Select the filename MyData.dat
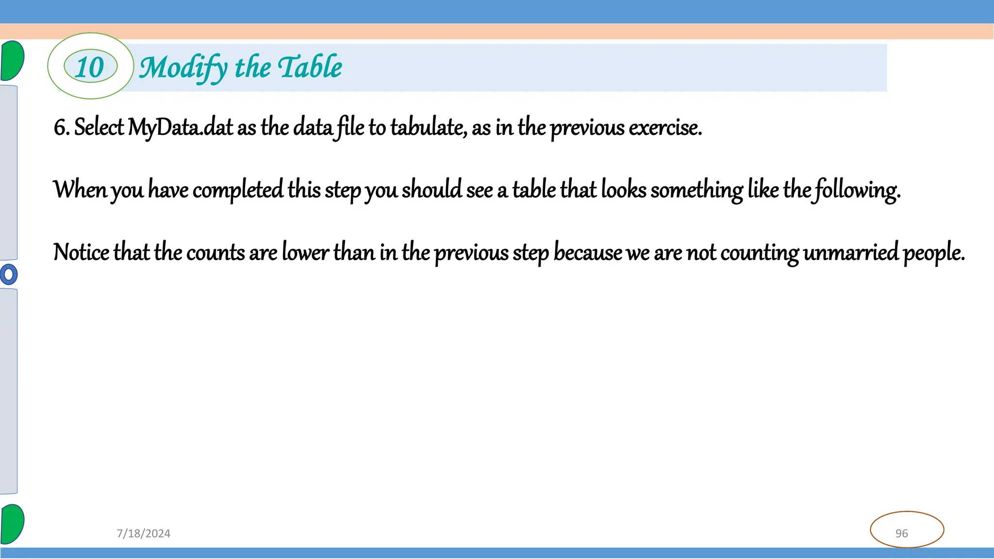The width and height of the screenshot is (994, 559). pos(180,128)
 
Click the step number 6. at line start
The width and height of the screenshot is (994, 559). pos(62,128)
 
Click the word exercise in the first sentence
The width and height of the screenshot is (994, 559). pos(664,128)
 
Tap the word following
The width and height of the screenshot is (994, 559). pos(857,190)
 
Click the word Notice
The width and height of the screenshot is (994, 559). pos(81,252)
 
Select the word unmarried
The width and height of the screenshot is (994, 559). pos(851,252)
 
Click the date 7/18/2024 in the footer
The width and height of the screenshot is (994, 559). pos(144,533)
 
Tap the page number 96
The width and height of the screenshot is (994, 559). pos(902,533)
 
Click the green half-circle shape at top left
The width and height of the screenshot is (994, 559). pos(12,61)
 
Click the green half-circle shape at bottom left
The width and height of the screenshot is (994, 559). pos(12,524)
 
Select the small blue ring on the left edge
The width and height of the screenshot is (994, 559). pos(8,274)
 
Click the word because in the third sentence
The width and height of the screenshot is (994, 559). pos(588,252)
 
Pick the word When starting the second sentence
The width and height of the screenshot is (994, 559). pos(80,189)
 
